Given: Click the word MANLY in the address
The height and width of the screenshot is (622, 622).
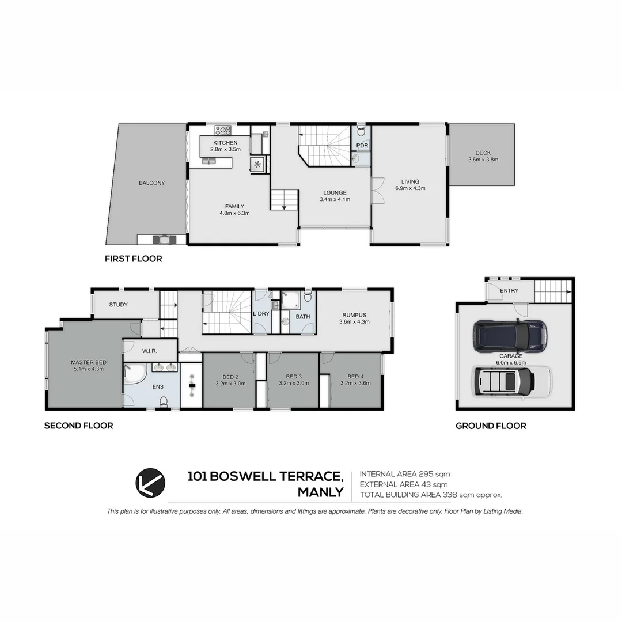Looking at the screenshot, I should point(320,492).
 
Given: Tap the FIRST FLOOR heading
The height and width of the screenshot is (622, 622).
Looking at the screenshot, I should point(133,259).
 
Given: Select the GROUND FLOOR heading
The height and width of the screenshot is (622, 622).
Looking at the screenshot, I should point(491,426).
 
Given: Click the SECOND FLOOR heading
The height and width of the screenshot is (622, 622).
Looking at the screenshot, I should point(78,426).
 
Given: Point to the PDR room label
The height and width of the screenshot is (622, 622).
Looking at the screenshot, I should point(362,146).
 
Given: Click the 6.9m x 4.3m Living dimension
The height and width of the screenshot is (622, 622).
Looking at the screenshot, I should point(410,188).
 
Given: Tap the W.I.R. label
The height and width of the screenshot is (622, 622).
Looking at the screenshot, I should point(150,351).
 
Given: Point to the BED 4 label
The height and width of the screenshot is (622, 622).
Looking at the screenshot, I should point(355,376).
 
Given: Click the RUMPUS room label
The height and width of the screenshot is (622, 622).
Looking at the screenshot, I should point(354,315).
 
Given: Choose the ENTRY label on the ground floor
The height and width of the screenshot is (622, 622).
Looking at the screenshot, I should point(509,291).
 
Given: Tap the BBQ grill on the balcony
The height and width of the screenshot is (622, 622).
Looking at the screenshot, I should point(163,239).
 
